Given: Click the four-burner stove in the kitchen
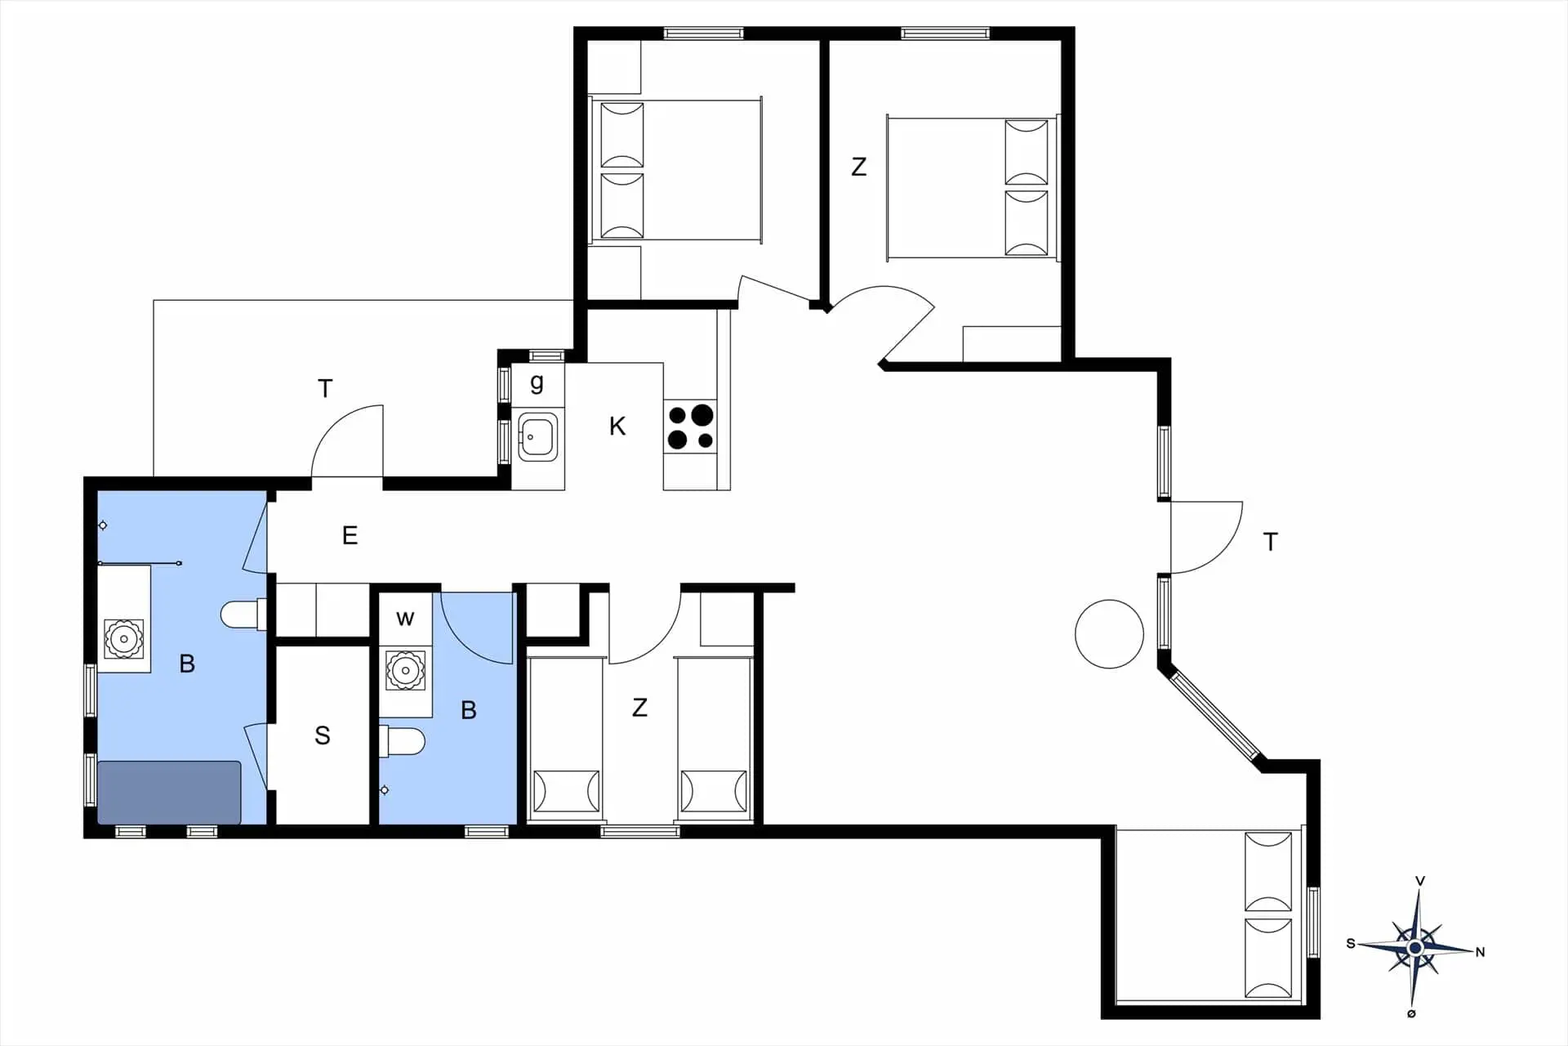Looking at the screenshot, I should pos(691,427).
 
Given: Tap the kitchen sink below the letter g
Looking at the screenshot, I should pos(537,436).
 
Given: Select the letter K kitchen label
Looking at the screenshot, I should pos(617,426).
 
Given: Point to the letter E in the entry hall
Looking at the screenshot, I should pos(350,535).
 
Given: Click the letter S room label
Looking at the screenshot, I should pos(323,735).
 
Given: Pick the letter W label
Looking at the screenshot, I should pos(405,619).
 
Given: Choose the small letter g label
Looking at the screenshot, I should pos(537,382).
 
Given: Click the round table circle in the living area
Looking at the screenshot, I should pos(1109,633).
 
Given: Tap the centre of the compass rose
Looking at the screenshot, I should pos(1415,948).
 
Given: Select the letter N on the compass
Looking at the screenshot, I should pos(1480,952).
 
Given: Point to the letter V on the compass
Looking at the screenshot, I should pos(1420,881).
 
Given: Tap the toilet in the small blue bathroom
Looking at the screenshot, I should pos(403,742).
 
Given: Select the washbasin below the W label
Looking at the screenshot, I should pos(404,670).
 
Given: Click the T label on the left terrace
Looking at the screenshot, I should pos(325,388).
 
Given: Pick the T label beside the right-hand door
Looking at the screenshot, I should pos(1270,542).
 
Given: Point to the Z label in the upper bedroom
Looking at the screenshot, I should pos(858,167).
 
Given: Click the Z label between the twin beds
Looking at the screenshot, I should pos(639,707).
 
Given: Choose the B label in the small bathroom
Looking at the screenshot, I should pos(469,710).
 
